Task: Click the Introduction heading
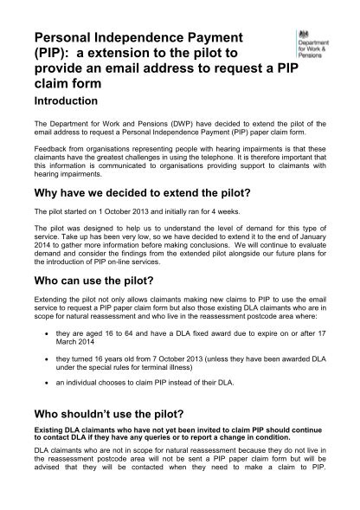point(65,101)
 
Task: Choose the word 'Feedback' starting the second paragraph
point(50,150)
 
